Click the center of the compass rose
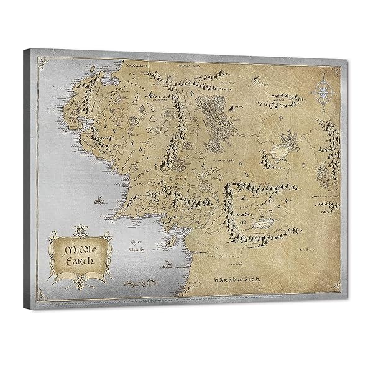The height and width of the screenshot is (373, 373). pos(323,93)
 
